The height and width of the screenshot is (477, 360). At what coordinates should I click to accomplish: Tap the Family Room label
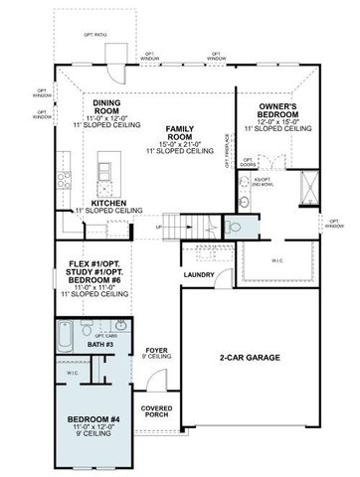(x=179, y=131)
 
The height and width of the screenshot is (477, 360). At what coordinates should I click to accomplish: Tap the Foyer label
(x=157, y=350)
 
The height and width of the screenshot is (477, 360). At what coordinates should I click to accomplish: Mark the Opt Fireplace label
(x=228, y=151)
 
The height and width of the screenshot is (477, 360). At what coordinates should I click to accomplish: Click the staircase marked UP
(x=183, y=228)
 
